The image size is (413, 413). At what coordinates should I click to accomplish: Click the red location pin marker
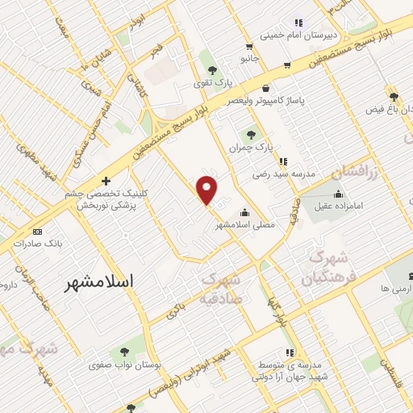coord(207,190)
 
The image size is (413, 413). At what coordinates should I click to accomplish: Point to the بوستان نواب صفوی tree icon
coord(123,351)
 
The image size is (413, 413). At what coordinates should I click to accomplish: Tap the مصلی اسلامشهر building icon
coord(244,214)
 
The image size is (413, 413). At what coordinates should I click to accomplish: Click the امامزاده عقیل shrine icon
coord(338,194)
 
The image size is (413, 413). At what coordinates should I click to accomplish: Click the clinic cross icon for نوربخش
coord(105,181)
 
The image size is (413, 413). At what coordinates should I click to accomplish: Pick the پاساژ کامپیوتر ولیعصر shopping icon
coord(265,88)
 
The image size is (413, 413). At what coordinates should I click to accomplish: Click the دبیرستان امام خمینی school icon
coord(298,23)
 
